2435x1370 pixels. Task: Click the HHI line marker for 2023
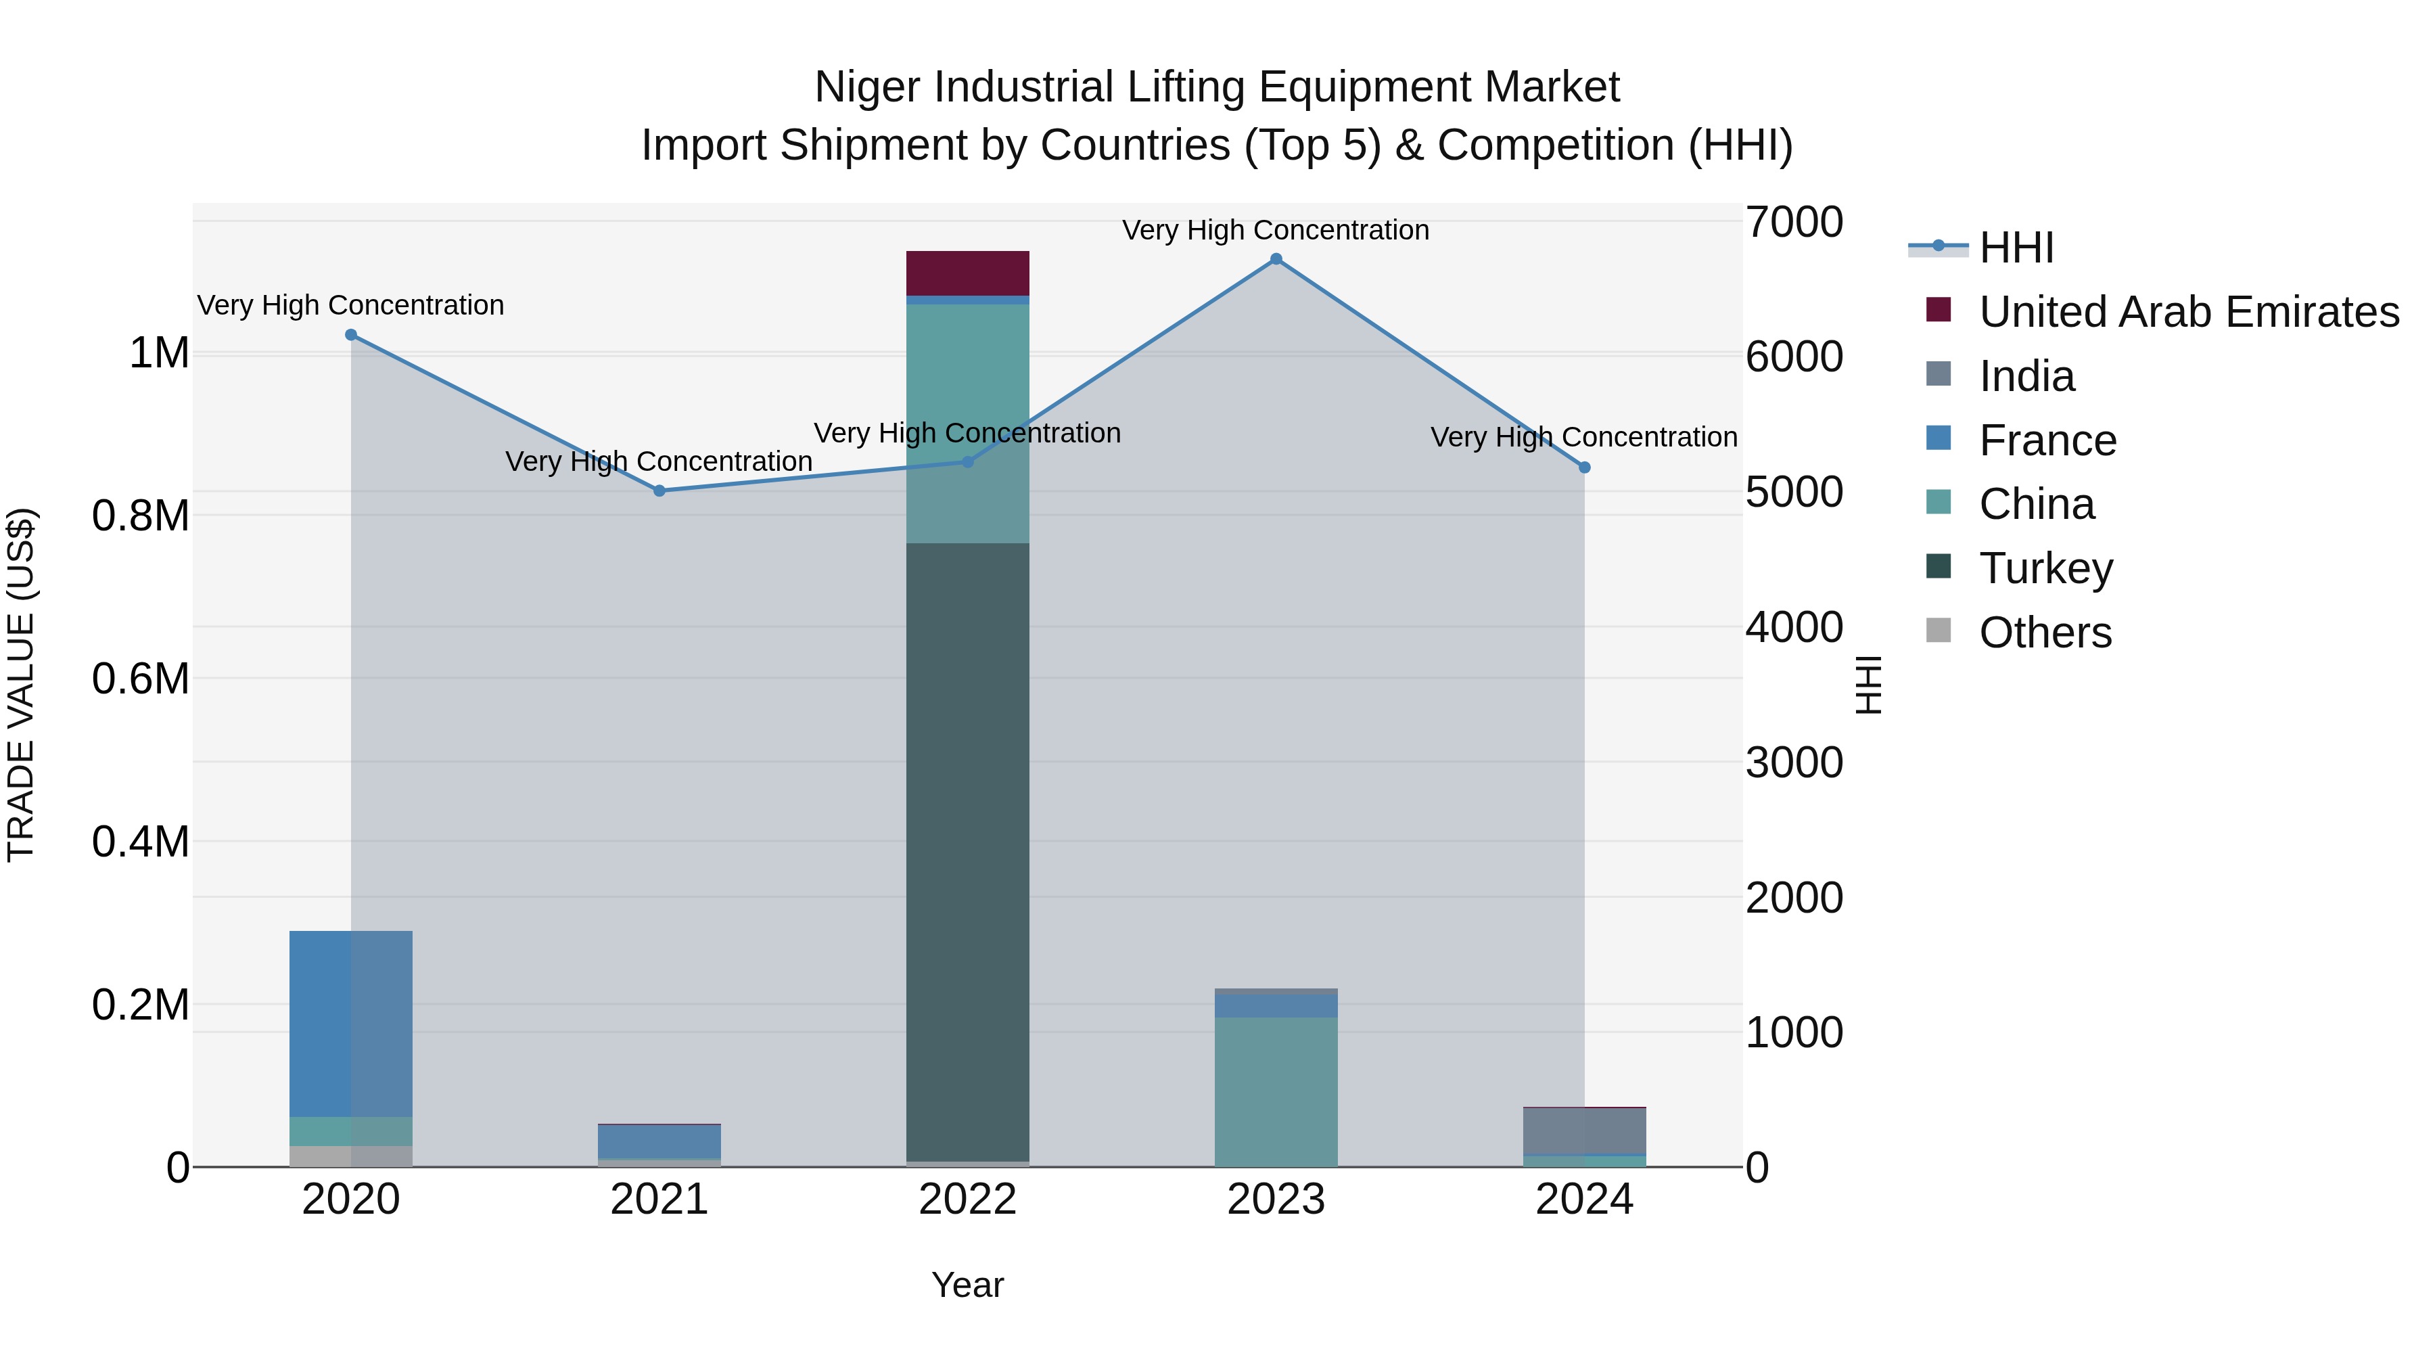tap(1276, 259)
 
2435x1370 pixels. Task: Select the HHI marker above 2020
tap(350, 335)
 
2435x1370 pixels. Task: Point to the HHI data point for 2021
tap(659, 490)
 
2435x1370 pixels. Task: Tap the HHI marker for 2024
tap(1585, 467)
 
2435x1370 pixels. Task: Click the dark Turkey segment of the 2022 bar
tap(967, 851)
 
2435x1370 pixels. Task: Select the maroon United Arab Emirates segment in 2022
tap(967, 273)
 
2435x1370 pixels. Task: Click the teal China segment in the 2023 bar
tap(1276, 1091)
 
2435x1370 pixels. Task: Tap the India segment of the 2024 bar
tap(1585, 1131)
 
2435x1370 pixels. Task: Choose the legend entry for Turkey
tap(2045, 568)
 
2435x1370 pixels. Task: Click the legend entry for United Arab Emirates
tap(2188, 312)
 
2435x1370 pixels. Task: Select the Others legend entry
tap(2045, 633)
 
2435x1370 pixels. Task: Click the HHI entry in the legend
tap(2016, 248)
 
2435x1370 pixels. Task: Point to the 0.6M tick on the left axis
tap(141, 679)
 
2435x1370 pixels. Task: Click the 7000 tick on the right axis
tap(1793, 222)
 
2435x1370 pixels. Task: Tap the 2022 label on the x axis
tap(967, 1200)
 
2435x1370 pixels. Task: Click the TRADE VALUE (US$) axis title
tap(21, 685)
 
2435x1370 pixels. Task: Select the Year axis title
tap(967, 1285)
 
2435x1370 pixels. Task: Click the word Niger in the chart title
tap(868, 87)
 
